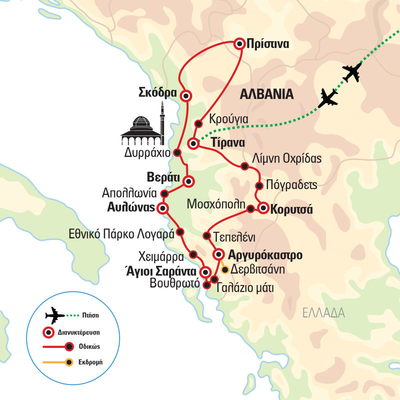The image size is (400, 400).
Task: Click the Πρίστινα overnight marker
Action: click(239, 44)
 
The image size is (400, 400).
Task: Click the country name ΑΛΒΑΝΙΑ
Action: click(266, 94)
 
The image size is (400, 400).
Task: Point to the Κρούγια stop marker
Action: click(198, 123)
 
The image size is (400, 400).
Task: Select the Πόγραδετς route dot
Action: click(259, 186)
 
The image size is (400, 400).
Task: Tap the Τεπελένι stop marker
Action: click(206, 235)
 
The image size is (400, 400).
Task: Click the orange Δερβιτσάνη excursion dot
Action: click(225, 270)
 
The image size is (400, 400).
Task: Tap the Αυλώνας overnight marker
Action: click(162, 207)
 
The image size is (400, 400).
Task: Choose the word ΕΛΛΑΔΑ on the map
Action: click(323, 313)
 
